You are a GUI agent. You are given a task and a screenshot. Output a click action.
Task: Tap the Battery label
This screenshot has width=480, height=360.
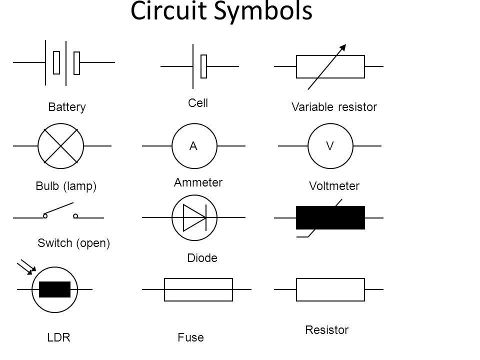(x=67, y=107)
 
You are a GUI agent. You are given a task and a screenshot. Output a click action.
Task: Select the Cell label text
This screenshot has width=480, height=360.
(x=198, y=103)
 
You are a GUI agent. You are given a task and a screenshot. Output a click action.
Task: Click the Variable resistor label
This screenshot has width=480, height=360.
(x=333, y=107)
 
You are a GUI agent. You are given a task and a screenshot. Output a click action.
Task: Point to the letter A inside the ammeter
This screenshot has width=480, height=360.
(x=192, y=146)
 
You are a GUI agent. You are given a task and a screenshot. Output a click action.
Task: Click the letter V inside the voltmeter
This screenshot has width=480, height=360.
(x=329, y=146)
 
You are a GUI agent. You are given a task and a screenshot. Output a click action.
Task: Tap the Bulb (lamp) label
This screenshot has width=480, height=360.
(x=65, y=186)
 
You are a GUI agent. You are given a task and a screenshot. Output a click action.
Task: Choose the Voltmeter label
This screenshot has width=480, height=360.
(x=334, y=186)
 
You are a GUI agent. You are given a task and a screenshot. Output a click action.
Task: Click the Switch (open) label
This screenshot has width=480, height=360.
(x=73, y=243)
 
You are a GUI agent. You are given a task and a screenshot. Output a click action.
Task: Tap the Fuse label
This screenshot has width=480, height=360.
(x=191, y=338)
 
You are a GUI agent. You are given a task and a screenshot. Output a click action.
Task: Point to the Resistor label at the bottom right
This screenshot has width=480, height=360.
(x=326, y=330)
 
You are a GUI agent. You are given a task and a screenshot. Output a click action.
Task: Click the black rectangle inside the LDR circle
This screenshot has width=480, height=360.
(x=54, y=289)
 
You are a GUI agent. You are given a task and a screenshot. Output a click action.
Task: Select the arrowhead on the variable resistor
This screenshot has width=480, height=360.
(x=342, y=48)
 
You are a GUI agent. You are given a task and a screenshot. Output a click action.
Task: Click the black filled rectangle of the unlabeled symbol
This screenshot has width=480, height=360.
(x=330, y=217)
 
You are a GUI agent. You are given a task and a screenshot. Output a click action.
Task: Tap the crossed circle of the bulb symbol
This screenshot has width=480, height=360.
(x=61, y=146)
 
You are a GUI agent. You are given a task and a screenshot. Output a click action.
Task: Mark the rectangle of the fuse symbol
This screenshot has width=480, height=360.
(x=198, y=289)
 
